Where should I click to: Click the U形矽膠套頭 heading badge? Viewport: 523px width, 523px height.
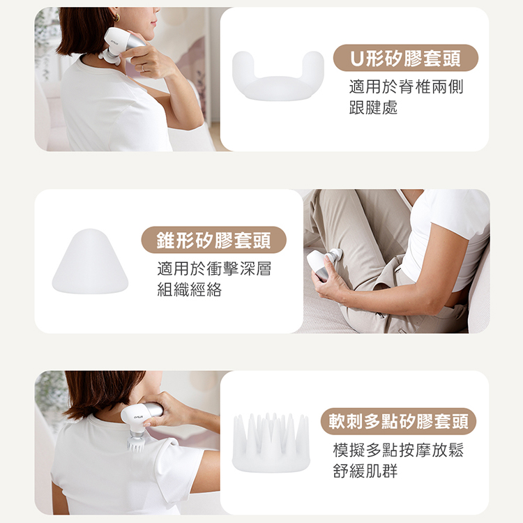tap(405, 58)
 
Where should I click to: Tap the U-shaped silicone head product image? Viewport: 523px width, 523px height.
tap(278, 75)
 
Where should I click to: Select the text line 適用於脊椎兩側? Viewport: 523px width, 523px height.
tap(406, 87)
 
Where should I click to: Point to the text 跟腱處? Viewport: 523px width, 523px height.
tap(373, 108)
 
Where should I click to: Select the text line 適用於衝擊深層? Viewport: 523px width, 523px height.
tap(214, 269)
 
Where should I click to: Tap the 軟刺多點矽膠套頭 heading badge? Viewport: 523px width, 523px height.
tap(398, 421)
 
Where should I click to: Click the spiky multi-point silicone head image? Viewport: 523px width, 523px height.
tap(271, 443)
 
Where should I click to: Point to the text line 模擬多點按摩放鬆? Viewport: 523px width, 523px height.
tap(397, 450)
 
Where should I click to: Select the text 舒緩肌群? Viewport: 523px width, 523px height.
tap(365, 471)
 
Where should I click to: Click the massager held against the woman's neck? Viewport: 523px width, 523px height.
tap(120, 43)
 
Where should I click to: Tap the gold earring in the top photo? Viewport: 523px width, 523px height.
tap(116, 17)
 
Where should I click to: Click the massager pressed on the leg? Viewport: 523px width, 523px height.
tap(323, 264)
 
